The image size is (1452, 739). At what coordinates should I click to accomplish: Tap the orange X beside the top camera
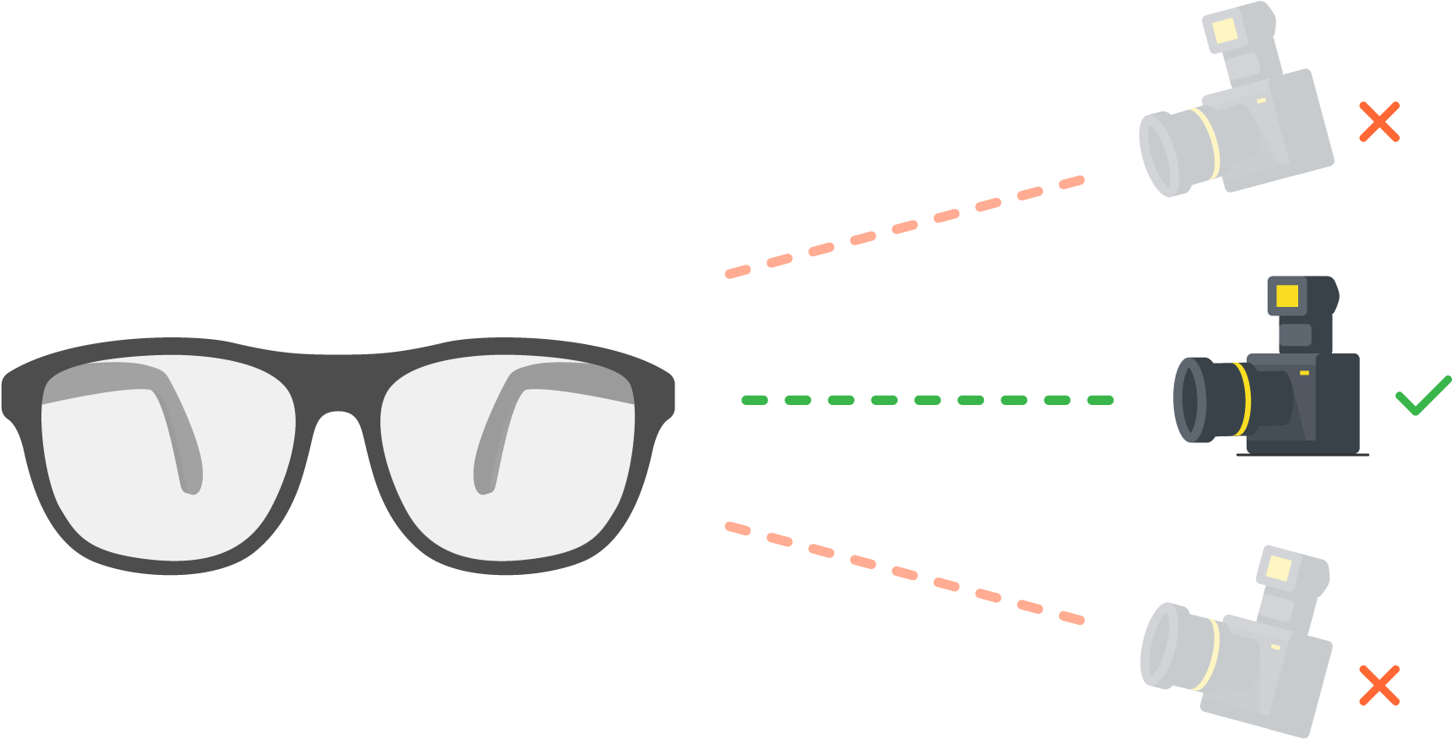pyautogui.click(x=1378, y=122)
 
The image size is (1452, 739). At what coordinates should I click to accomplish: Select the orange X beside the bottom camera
pyautogui.click(x=1378, y=685)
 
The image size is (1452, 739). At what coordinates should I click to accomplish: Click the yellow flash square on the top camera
pyautogui.click(x=1225, y=32)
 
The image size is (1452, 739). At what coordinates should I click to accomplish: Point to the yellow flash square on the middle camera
pyautogui.click(x=1286, y=296)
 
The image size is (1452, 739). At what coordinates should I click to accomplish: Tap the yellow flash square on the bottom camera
pyautogui.click(x=1280, y=568)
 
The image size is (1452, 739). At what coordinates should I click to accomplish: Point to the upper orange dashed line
pyautogui.click(x=904, y=227)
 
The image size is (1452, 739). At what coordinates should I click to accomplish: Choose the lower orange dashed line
pyautogui.click(x=904, y=573)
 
